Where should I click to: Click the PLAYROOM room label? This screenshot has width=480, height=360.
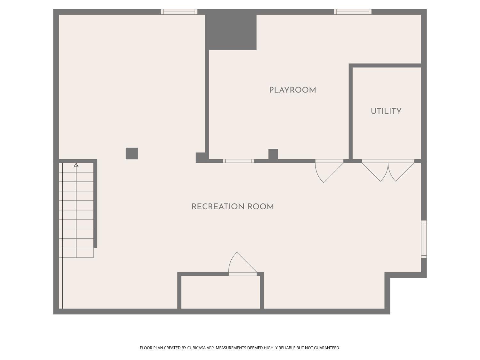pyautogui.click(x=292, y=90)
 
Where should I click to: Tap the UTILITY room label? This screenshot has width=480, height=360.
pyautogui.click(x=386, y=111)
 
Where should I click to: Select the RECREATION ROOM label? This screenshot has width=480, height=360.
pyautogui.click(x=232, y=206)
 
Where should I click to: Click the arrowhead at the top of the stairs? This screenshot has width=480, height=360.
pyautogui.click(x=76, y=165)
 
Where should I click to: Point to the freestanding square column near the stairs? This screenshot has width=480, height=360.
pyautogui.click(x=132, y=154)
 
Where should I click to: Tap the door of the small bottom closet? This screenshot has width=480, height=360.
pyautogui.click(x=243, y=264)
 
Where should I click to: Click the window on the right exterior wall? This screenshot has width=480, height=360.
pyautogui.click(x=424, y=239)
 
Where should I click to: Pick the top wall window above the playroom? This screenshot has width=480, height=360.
pyautogui.click(x=353, y=12)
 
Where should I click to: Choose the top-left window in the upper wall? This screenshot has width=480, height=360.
pyautogui.click(x=179, y=12)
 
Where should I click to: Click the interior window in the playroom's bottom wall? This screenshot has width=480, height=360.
pyautogui.click(x=238, y=161)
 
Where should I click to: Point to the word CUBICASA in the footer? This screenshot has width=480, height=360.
pyautogui.click(x=196, y=348)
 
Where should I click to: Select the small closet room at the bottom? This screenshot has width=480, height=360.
pyautogui.click(x=221, y=292)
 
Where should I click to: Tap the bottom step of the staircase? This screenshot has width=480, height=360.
pyautogui.click(x=76, y=253)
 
